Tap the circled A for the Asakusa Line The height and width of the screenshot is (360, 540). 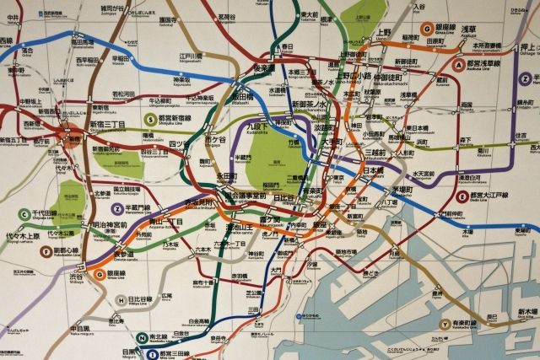click(x=459, y=64)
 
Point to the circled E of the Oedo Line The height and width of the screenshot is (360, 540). click(x=462, y=196)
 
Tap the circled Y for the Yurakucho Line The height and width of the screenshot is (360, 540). click(x=445, y=323)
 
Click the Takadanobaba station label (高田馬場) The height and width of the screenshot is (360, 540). click(x=82, y=40)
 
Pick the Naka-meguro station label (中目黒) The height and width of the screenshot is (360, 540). click(x=81, y=329)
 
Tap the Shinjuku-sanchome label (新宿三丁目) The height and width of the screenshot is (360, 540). click(x=108, y=125)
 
